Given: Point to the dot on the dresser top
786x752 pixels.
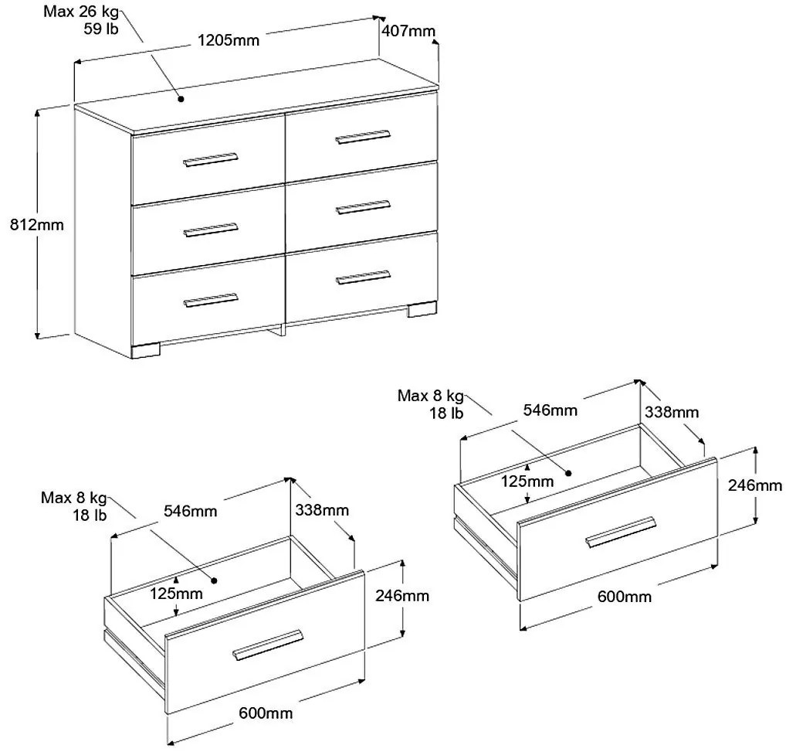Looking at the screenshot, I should pos(179,98).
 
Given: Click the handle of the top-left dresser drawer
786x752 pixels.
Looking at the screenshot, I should pos(209,159).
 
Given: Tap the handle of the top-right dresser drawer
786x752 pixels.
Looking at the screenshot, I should pos(362,137).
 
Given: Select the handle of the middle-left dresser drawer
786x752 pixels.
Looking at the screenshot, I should pos(211,230).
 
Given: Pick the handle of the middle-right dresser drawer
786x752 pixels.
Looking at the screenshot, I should pos(363,206).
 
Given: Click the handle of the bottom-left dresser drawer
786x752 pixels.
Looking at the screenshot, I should pos(211,299).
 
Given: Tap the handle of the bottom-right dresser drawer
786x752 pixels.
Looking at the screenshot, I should pos(363,276).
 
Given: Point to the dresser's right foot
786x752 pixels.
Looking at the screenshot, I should pos(422,310).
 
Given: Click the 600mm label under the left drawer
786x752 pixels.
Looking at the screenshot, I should pos(266,713).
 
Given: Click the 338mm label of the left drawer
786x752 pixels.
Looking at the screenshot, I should pos(321,510).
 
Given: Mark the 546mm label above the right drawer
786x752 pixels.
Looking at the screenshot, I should pos(551,410).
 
